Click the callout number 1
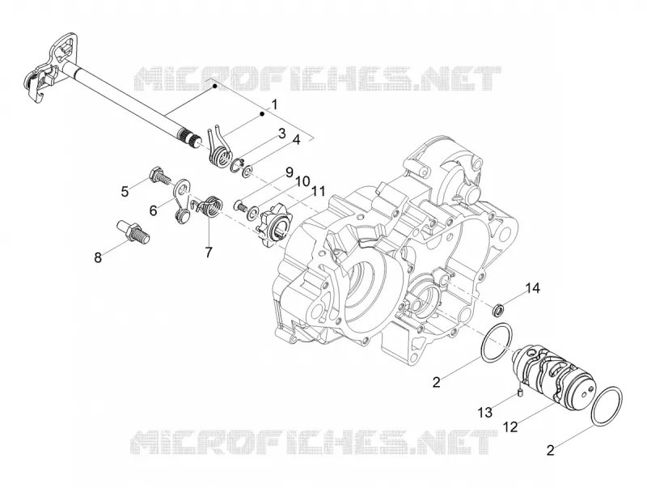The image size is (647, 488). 274,104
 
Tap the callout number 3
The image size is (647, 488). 281,134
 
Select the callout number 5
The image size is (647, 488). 125,192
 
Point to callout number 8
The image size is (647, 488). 98,257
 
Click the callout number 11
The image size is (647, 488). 318,191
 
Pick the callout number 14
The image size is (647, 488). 532,288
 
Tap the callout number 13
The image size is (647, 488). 485,412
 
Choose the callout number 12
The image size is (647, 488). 510,426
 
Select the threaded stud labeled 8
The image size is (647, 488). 133,231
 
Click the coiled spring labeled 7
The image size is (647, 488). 209,206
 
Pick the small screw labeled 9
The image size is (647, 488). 240,205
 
